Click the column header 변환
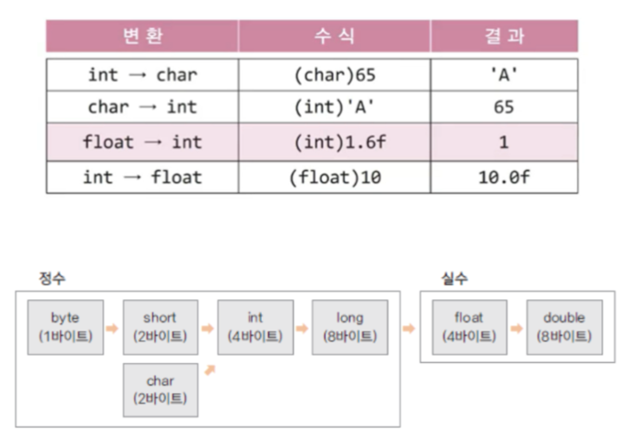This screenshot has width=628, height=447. (142, 36)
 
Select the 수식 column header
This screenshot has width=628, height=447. (335, 36)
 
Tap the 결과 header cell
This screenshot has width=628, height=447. (504, 36)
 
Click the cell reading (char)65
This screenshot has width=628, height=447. (335, 75)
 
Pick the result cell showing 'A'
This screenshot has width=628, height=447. (504, 75)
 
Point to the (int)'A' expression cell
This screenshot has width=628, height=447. (335, 107)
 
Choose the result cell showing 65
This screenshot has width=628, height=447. (504, 107)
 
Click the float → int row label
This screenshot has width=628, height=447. (142, 142)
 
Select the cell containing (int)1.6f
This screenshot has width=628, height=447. (335, 142)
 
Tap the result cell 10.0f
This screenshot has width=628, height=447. (504, 177)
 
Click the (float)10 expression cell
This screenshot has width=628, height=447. (335, 177)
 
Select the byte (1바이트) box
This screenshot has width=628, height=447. (65, 327)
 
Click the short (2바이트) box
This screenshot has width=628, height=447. (160, 327)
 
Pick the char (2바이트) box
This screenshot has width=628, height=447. (160, 390)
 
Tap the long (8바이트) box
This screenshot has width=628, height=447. (350, 327)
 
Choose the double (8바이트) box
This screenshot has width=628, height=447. (564, 327)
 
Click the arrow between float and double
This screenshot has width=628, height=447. (516, 329)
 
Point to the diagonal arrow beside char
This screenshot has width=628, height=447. (210, 369)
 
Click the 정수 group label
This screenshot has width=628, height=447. (52, 278)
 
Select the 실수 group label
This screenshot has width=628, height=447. (455, 278)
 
